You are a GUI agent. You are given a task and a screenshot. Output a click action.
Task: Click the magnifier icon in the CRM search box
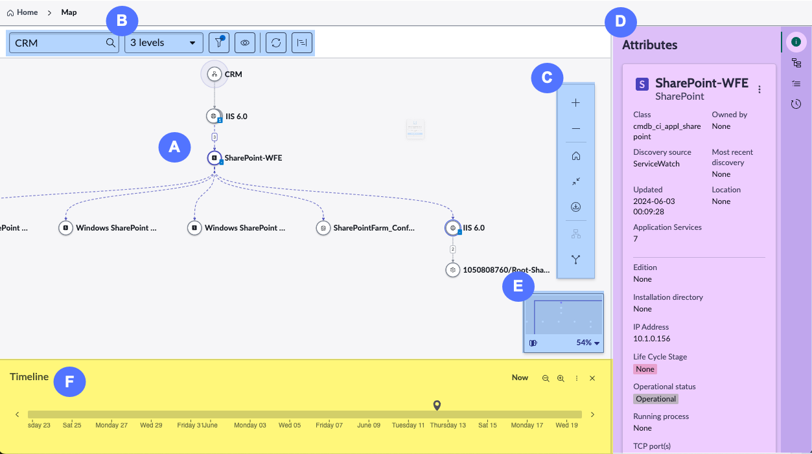pos(111,43)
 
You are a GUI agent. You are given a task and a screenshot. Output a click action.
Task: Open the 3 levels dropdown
pos(163,43)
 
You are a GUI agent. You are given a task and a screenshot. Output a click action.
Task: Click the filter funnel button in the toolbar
pos(219,43)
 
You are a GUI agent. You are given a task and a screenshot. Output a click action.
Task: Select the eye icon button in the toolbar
pos(245,43)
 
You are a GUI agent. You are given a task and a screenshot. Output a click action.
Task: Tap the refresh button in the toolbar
pos(276,43)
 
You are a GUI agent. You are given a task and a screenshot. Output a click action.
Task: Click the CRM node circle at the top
pos(215,74)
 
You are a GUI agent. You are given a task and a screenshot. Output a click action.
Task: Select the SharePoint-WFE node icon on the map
pos(215,158)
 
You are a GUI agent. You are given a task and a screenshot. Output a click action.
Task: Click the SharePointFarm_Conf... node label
pos(374,228)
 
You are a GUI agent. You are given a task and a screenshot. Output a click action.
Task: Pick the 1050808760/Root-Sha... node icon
pos(452,270)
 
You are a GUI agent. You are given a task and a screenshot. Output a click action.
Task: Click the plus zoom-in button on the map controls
pos(575,103)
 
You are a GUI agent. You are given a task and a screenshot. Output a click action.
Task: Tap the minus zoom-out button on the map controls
pos(575,129)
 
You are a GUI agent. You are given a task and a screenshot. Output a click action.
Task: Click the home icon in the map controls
pos(575,156)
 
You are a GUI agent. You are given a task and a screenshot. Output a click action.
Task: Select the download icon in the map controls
pos(575,207)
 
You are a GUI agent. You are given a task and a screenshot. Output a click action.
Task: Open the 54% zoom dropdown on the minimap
pos(588,343)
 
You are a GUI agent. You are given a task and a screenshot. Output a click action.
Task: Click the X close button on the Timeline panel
pos(592,378)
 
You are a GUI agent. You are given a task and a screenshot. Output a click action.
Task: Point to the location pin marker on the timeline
pos(437,405)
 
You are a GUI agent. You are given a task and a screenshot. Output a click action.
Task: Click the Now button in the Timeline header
pos(520,378)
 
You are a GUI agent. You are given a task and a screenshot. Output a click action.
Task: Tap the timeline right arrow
pos(592,414)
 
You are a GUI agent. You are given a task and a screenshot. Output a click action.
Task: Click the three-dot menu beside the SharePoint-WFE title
pos(760,89)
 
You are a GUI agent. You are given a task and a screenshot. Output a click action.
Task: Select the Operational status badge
pos(656,399)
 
